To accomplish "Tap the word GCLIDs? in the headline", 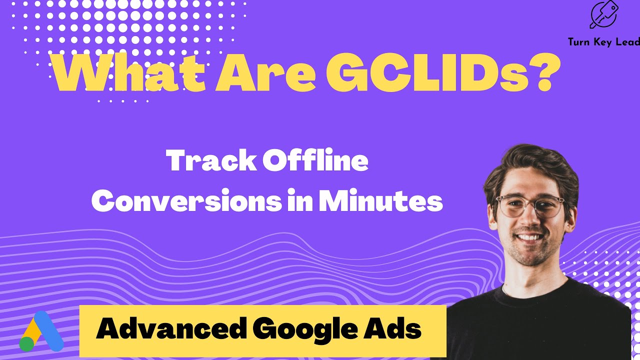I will click(440, 75).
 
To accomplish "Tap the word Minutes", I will click(380, 201).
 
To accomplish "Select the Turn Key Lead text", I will click(603, 42).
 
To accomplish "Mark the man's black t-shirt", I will click(540, 320).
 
